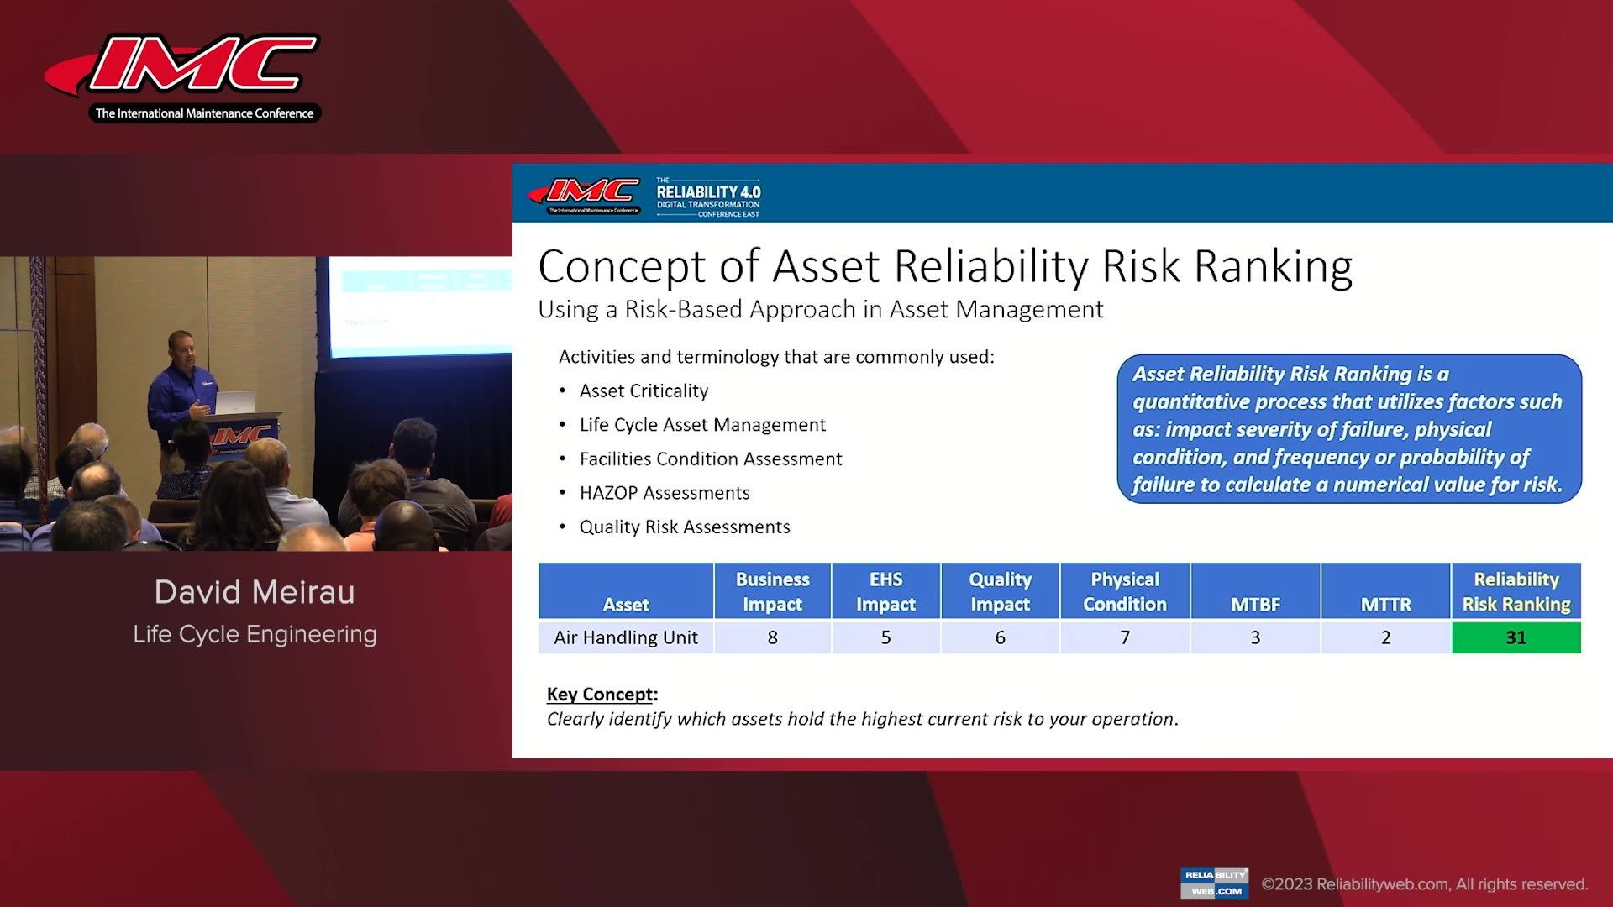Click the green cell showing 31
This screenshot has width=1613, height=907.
[1516, 637]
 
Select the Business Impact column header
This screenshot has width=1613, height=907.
[772, 591]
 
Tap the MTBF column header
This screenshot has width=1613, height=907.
[1255, 604]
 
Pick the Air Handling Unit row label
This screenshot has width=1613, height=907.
[626, 637]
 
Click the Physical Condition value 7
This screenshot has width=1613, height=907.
[1124, 637]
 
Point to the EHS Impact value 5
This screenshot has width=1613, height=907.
[885, 637]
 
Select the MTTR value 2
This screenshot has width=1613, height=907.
[1385, 637]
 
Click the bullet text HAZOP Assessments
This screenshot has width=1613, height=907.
[664, 493]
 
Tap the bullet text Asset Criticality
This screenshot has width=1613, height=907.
[644, 391]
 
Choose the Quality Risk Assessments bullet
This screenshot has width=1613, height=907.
[684, 527]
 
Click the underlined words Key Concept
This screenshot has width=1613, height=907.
[599, 694]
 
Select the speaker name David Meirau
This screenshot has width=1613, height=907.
[255, 592]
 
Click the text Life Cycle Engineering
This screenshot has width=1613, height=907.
[255, 634]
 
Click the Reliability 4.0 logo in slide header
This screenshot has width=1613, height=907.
[708, 197]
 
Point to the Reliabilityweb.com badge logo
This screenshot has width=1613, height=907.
[1214, 883]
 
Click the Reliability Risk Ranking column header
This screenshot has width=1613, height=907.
[1516, 591]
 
